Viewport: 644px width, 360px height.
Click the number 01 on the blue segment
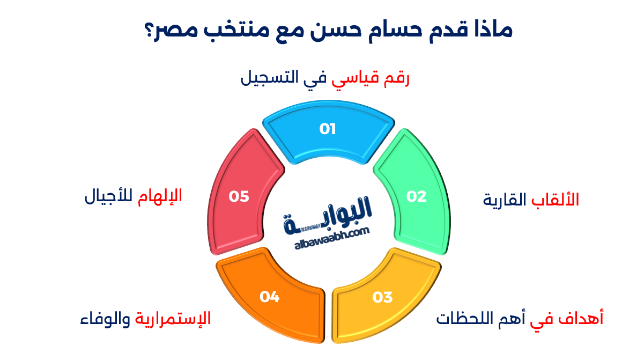[x=328, y=129]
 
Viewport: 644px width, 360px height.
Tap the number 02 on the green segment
[x=416, y=196]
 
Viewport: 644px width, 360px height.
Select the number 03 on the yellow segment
[x=382, y=297]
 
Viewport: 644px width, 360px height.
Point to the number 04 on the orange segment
[x=269, y=297]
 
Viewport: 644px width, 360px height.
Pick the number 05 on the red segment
[x=239, y=197]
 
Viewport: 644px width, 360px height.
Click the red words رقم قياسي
[x=371, y=78]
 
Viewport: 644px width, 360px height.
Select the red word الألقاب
[x=555, y=199]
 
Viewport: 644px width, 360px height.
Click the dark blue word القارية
[x=505, y=200]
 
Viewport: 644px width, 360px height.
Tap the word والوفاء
[x=105, y=319]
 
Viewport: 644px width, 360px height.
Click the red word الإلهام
[x=160, y=197]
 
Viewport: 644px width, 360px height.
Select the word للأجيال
[x=109, y=197]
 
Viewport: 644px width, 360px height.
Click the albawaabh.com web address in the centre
[x=332, y=239]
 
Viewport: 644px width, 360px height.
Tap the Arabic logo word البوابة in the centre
[x=328, y=215]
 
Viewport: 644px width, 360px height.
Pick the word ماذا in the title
[x=493, y=30]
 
